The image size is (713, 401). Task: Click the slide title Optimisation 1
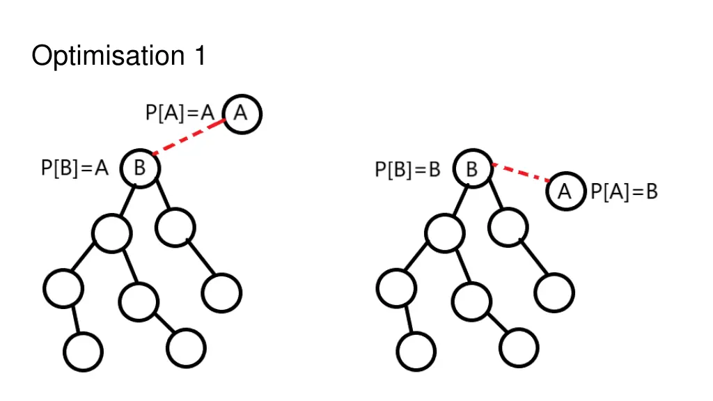tap(118, 56)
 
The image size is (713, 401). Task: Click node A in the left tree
tap(242, 113)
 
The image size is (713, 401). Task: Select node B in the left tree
tap(140, 168)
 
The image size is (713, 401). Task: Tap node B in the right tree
tap(473, 168)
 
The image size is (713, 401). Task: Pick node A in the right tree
tap(565, 191)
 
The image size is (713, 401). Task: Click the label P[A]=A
tap(179, 113)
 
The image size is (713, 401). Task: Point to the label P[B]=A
tap(75, 168)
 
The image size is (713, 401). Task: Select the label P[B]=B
tap(408, 169)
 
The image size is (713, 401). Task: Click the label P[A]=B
tap(624, 191)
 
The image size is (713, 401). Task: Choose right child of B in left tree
tap(175, 227)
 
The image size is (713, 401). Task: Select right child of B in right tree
tap(508, 227)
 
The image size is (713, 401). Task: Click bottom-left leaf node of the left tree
tap(83, 352)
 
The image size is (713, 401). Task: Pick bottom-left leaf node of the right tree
tap(416, 352)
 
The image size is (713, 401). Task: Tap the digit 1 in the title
tap(199, 56)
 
